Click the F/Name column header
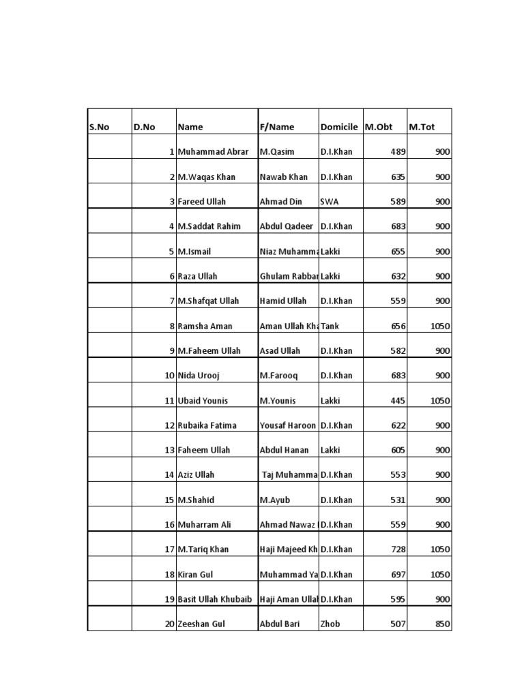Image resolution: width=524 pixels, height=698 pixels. (277, 127)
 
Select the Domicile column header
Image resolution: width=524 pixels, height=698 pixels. (338, 127)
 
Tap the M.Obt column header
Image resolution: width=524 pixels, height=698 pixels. (379, 127)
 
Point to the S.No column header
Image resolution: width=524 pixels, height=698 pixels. (100, 127)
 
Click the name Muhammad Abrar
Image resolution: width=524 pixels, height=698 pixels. (213, 152)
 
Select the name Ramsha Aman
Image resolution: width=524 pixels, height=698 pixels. (205, 327)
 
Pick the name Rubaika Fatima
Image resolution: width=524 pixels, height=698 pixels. (207, 425)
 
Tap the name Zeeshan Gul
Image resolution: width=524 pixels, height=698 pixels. (201, 624)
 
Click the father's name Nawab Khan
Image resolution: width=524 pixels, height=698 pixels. (284, 177)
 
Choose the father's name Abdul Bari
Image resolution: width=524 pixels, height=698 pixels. (280, 624)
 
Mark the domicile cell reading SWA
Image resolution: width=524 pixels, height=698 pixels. (329, 202)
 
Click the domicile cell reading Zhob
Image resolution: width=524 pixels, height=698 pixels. (330, 624)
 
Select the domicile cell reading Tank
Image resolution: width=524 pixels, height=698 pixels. (330, 327)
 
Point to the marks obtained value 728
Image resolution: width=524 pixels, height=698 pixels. (398, 549)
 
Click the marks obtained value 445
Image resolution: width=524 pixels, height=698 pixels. (398, 401)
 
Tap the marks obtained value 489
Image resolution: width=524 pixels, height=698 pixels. (398, 152)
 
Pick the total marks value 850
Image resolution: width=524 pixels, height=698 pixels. (442, 624)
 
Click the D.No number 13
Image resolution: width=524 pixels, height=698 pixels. (169, 451)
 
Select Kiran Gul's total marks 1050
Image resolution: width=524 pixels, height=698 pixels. (440, 575)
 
